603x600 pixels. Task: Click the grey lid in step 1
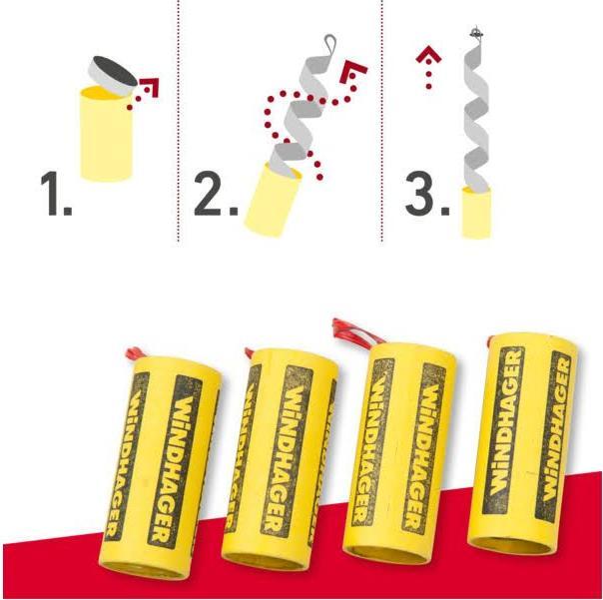[x=112, y=74]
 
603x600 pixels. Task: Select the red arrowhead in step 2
[x=353, y=72]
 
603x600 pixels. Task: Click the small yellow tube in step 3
[x=476, y=212]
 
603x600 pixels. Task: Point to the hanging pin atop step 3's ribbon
[x=477, y=34]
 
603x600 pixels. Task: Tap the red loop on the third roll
[x=349, y=332]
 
